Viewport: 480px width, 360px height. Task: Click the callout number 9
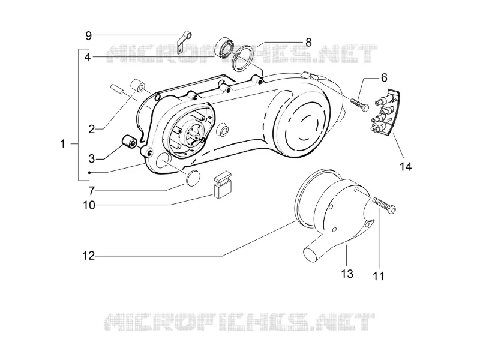88,36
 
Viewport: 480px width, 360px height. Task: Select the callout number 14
406,167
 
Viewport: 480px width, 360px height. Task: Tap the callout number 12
89,256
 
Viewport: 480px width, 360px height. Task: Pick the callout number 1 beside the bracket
63,143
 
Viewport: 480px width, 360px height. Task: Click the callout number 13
347,274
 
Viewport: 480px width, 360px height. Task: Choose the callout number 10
89,205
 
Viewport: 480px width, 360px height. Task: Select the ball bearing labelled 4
224,48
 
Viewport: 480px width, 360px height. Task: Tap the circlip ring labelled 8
241,58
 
